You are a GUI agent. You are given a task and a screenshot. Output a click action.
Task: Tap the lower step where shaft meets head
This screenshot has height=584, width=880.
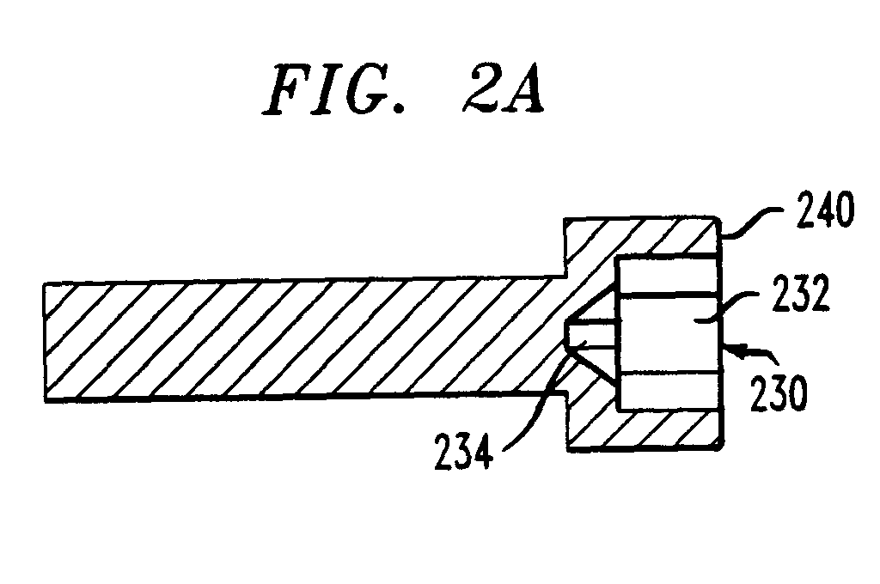[564, 397]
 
